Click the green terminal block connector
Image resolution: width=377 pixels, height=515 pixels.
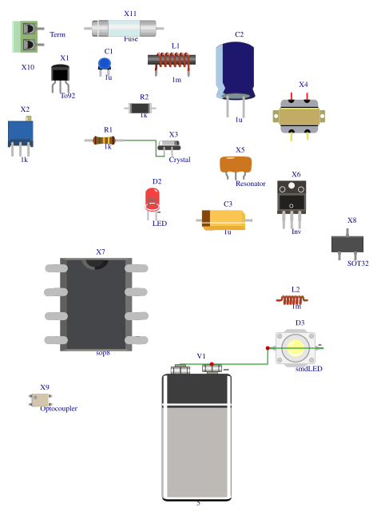[26, 37]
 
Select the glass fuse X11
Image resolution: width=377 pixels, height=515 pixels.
[128, 29]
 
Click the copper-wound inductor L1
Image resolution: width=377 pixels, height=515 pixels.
[173, 60]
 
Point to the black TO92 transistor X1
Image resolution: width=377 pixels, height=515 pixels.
[62, 74]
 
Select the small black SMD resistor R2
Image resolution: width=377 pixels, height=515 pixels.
[141, 107]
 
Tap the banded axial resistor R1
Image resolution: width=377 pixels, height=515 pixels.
[105, 140]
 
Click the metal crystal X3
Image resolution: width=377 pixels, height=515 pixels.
[169, 145]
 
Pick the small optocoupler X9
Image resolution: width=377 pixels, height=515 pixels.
[40, 398]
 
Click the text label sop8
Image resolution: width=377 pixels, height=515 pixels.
[103, 352]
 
